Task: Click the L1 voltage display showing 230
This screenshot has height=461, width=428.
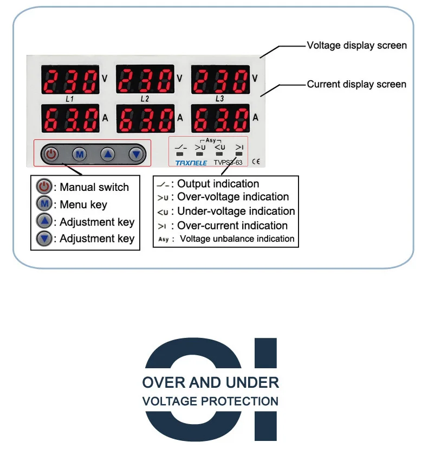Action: [x=70, y=81]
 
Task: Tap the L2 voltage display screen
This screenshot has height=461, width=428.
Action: [x=145, y=81]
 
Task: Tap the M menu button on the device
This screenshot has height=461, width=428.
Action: [x=80, y=155]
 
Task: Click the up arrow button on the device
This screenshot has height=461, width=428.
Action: [x=108, y=155]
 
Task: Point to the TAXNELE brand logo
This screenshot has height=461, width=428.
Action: [x=191, y=162]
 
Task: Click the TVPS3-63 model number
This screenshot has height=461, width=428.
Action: [x=228, y=162]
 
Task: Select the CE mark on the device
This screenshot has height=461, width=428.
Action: [x=256, y=161]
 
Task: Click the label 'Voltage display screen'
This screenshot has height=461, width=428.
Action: [x=356, y=46]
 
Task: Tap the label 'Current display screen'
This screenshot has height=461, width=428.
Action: [x=356, y=84]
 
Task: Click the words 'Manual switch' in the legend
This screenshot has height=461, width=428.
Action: [x=94, y=188]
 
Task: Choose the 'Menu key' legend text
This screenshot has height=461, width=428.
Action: [x=83, y=205]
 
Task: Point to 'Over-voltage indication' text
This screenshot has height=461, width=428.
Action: [x=233, y=197]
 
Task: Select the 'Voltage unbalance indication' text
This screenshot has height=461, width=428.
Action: [x=237, y=239]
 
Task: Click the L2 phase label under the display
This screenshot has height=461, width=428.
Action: [x=145, y=99]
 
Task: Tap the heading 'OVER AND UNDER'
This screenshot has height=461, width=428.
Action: [x=211, y=382]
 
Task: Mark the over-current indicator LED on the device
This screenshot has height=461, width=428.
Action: [x=239, y=154]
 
